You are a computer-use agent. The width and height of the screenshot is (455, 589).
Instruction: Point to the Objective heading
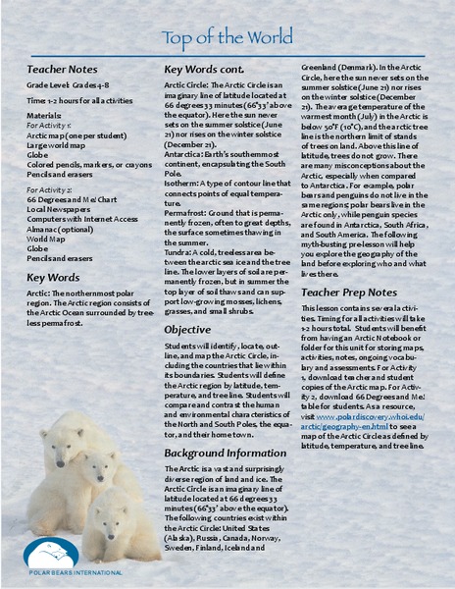tap(187, 330)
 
